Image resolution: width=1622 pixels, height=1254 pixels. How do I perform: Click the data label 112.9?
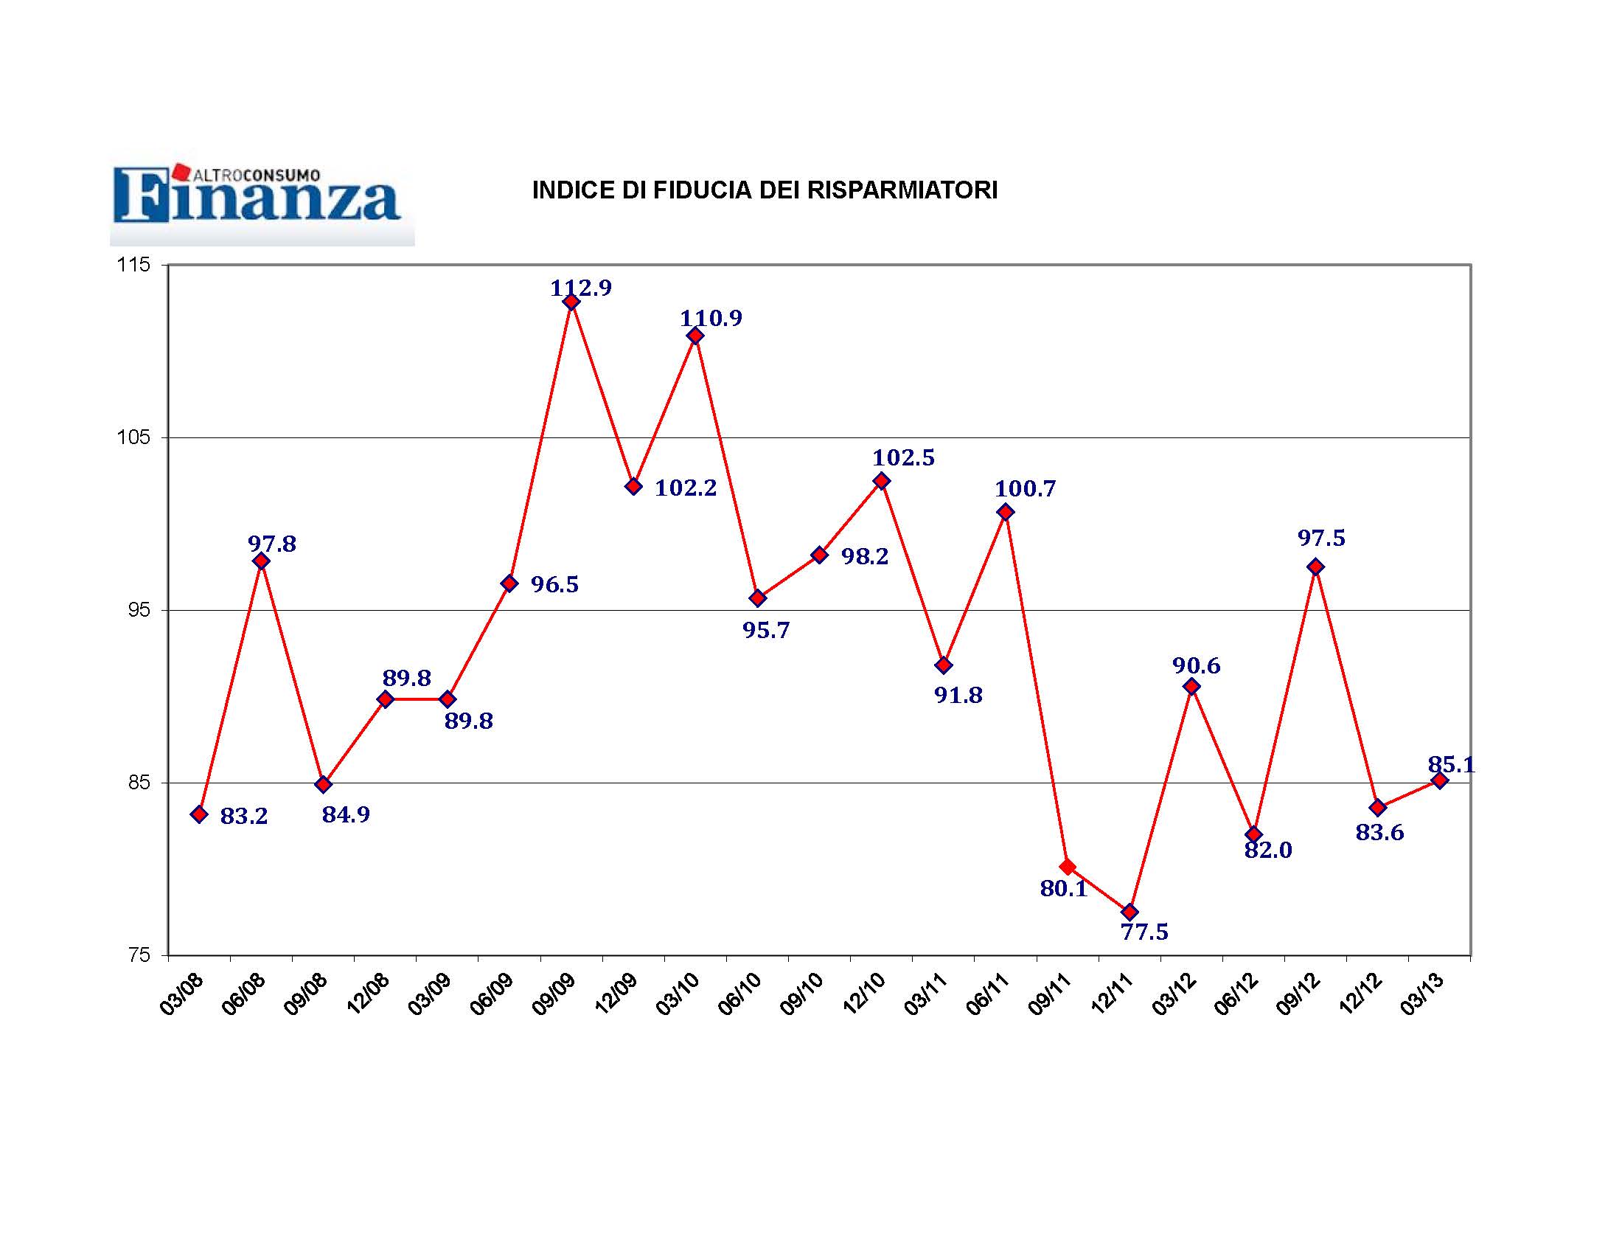pos(581,288)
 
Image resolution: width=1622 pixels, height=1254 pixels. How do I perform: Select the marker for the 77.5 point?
pos(1130,912)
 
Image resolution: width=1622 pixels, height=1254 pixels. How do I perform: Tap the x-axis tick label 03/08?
pos(182,995)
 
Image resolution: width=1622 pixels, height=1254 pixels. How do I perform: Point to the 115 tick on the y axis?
pos(133,265)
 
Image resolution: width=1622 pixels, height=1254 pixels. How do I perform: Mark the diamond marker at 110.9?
pos(695,336)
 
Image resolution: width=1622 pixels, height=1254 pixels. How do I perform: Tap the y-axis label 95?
pos(139,610)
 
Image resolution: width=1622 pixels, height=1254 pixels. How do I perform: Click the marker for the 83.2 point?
pos(199,814)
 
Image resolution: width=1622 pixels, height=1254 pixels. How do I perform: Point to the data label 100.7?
pos(1025,489)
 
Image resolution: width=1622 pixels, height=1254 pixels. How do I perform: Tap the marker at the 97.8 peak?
pos(261,561)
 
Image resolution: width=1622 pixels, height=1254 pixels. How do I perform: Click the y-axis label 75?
pos(139,955)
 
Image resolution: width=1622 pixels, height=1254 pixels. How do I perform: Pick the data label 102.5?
pos(903,457)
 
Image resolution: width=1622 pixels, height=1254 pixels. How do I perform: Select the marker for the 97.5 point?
pos(1315,567)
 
